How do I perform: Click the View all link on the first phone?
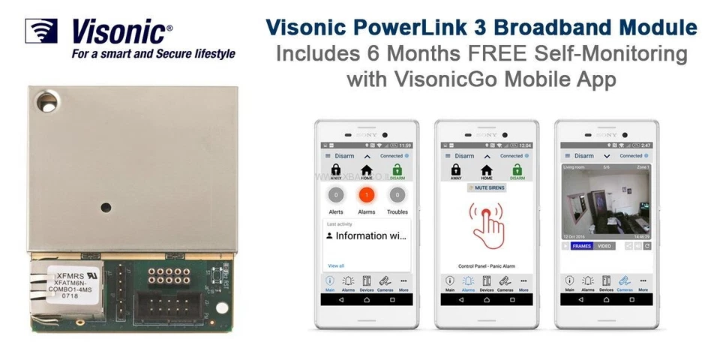[x=336, y=265]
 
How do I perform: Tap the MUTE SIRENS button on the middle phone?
[x=486, y=187]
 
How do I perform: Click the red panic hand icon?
[x=487, y=223]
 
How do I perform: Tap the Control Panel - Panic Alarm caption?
[x=487, y=265]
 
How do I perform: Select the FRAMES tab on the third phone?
[x=582, y=246]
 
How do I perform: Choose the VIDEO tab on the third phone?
[x=604, y=246]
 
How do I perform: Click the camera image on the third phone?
[x=606, y=202]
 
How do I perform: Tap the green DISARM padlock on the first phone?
[x=397, y=173]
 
